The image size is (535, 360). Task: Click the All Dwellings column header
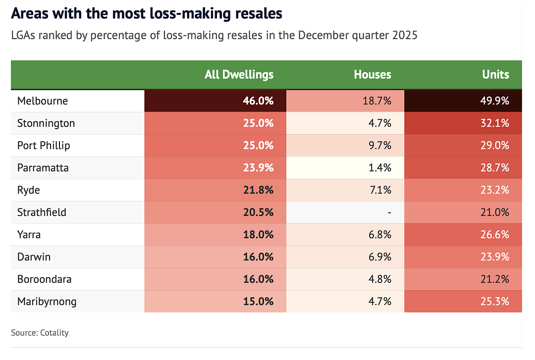(239, 75)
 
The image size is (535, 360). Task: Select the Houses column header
(372, 75)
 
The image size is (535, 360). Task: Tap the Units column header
(495, 75)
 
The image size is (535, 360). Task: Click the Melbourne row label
(43, 101)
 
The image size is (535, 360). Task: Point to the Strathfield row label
(42, 212)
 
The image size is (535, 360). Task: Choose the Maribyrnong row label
(47, 302)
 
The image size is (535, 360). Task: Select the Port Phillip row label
(44, 146)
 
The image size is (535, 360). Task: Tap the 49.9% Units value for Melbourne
(494, 101)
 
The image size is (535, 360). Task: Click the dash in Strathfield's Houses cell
(389, 212)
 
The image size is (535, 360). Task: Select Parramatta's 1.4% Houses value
(380, 168)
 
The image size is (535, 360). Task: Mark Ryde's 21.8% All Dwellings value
(258, 190)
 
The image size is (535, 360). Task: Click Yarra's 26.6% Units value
(495, 235)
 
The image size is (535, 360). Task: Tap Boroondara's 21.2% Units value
(495, 279)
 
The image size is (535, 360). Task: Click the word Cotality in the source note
(54, 333)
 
